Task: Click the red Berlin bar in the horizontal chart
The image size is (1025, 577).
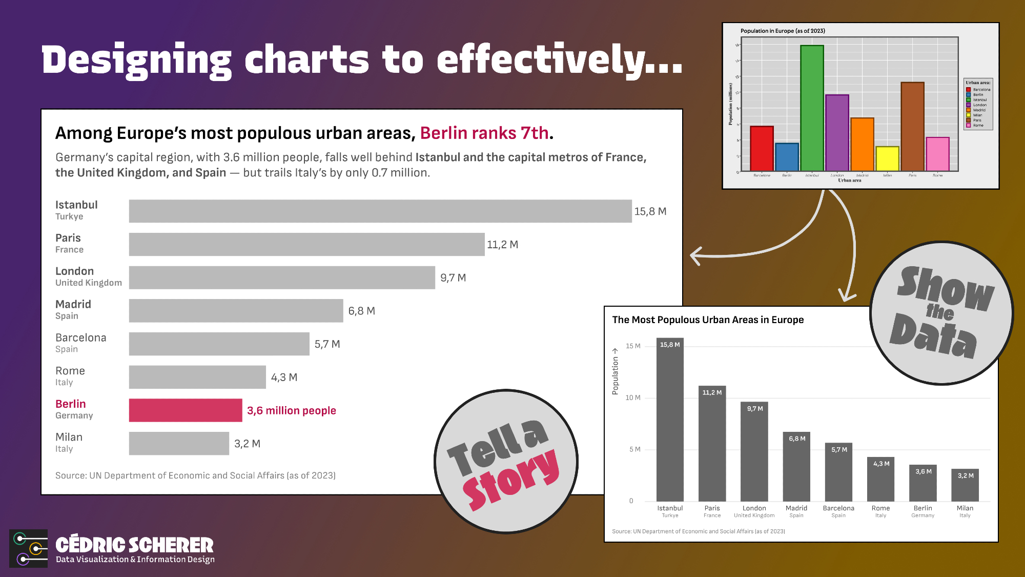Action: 185,410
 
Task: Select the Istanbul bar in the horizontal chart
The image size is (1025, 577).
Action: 380,211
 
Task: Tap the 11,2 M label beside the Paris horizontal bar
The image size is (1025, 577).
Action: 502,245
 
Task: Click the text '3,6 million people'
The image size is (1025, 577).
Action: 291,411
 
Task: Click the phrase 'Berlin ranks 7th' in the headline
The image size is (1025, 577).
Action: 484,133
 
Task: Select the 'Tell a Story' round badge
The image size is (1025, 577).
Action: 506,462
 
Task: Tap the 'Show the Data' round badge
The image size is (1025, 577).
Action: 941,313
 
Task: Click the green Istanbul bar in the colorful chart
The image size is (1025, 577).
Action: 812,108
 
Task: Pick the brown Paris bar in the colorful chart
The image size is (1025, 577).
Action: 912,126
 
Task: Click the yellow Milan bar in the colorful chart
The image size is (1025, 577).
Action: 887,158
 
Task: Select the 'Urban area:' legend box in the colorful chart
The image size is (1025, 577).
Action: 978,104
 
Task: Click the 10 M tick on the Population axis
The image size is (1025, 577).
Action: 633,397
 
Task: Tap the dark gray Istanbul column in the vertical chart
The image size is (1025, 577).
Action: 670,421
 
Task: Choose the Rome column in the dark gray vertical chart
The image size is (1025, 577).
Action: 880,479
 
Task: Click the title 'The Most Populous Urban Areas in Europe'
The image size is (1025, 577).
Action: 708,320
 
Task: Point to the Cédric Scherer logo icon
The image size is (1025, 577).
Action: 29,548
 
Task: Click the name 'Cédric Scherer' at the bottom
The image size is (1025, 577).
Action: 134,545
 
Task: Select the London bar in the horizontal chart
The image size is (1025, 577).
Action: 282,277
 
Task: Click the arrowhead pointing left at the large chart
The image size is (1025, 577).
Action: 695,255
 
